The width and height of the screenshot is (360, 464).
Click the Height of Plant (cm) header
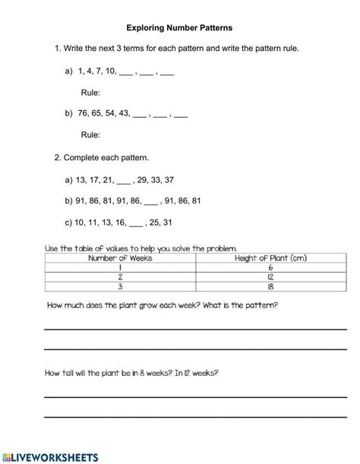pos(271,258)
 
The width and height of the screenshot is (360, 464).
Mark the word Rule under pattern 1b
pos(90,135)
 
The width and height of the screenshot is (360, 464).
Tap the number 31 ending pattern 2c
pos(168,223)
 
